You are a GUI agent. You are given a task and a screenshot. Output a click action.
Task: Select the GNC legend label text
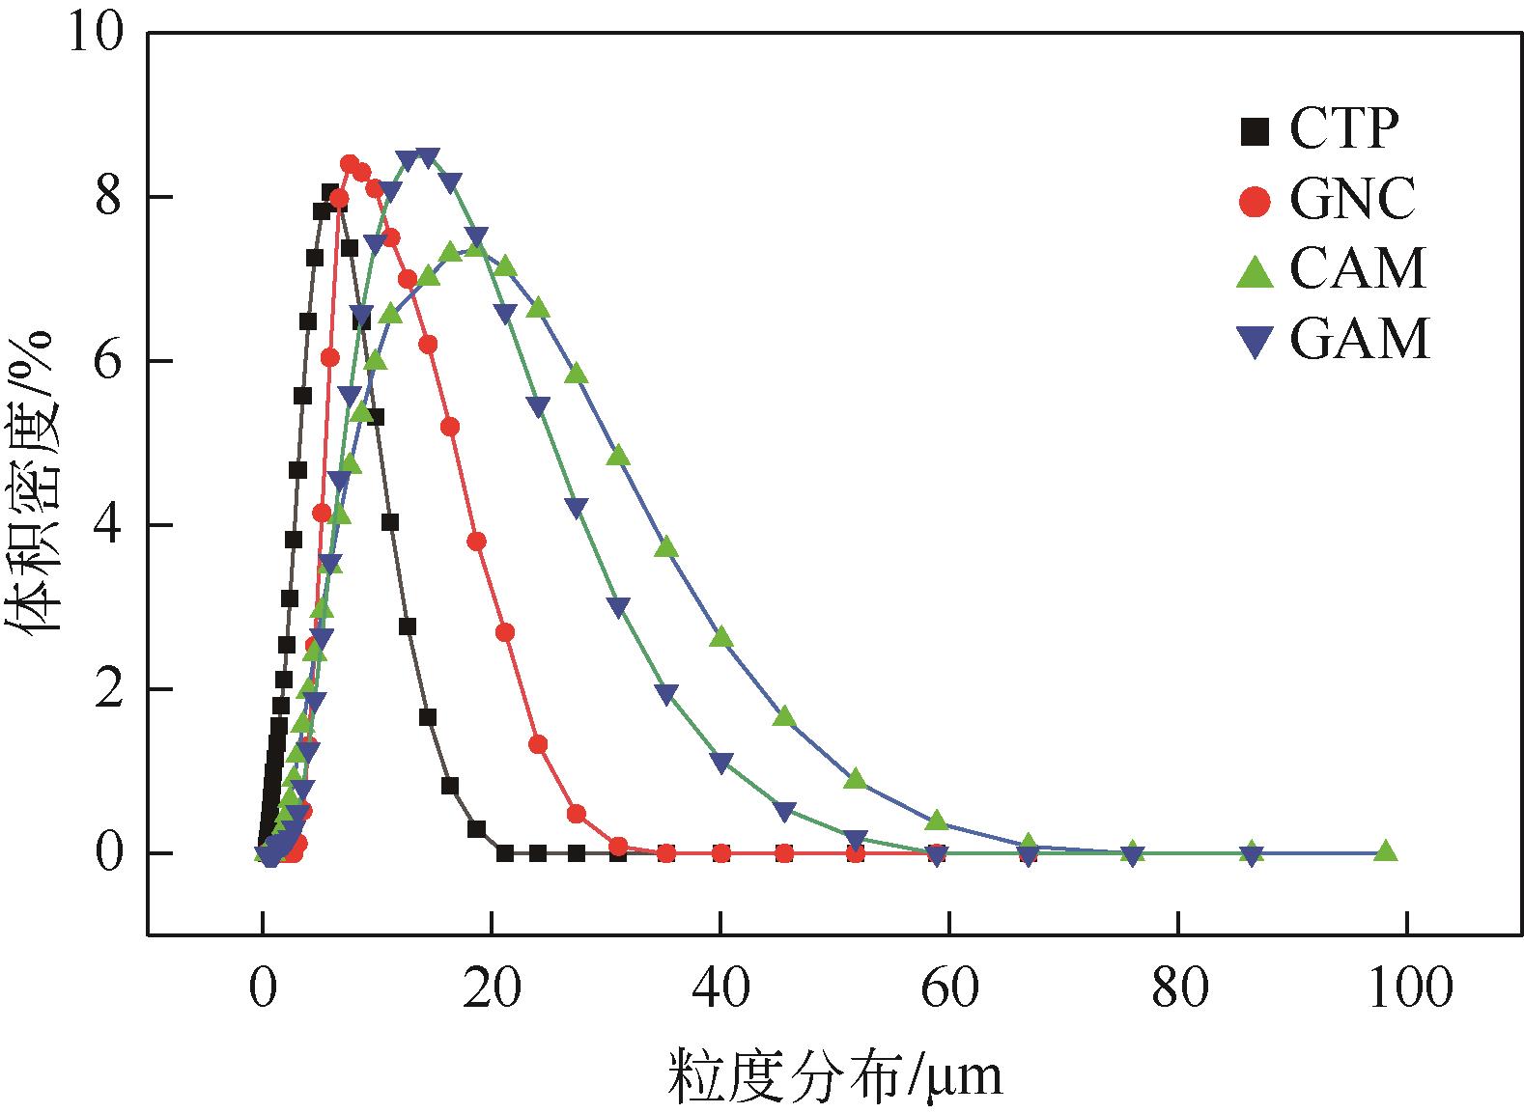point(1352,201)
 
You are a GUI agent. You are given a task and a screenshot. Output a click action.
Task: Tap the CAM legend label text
point(1358,269)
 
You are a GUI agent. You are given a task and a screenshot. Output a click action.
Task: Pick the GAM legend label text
point(1359,340)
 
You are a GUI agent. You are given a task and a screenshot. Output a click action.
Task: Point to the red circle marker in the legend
point(1255,202)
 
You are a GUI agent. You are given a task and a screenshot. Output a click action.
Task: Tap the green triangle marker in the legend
point(1255,270)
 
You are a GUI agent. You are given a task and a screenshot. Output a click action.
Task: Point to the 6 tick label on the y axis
point(110,361)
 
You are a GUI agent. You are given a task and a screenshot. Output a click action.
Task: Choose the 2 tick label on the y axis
point(110,689)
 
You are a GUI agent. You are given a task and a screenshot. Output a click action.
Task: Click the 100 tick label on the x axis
point(1406,988)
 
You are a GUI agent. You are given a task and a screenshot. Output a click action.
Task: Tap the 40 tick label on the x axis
point(720,988)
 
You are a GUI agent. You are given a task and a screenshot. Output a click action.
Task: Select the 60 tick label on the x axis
point(948,988)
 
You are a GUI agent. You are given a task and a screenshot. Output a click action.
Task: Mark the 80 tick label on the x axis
point(1177,988)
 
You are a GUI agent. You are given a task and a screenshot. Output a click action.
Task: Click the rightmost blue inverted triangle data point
point(1252,854)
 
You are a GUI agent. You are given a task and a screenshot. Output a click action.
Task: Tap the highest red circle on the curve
point(350,164)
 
